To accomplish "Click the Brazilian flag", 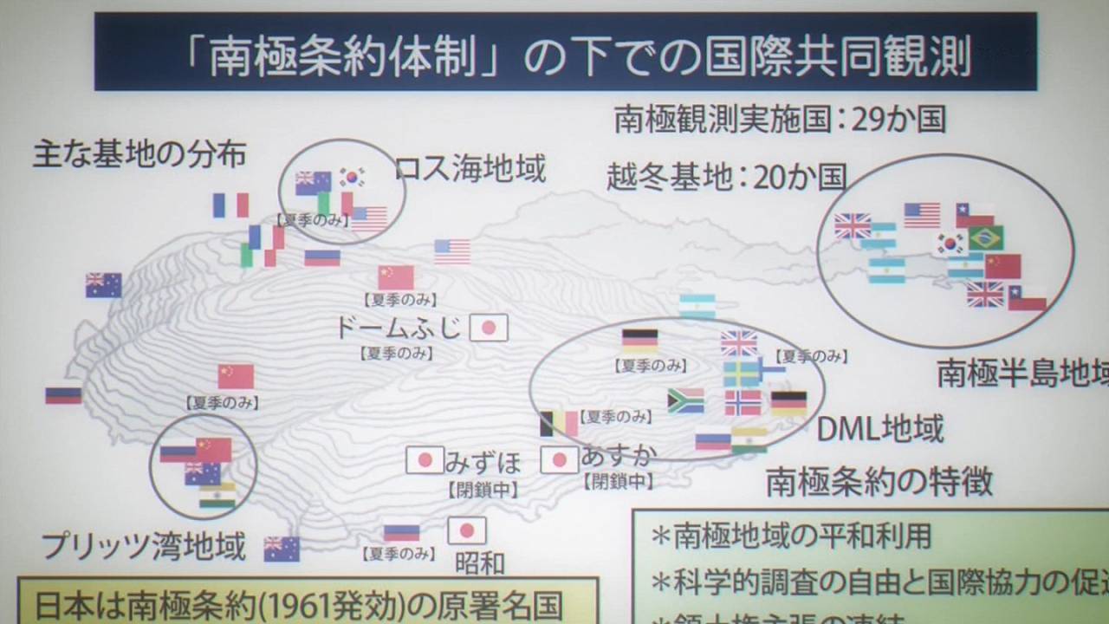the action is pos(986,237).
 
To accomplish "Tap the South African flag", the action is pos(685,400).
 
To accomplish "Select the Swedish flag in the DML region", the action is pos(741,374).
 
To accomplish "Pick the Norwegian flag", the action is pos(743,403).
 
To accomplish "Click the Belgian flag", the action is pos(558,424).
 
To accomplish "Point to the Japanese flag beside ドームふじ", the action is pos(489,328).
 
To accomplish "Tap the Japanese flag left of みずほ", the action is pos(425,459).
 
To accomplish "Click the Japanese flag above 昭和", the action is pos(467,530).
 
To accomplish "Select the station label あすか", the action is pos(619,454).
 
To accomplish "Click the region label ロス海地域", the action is pos(470,169).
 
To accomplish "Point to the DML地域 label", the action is pos(880,428).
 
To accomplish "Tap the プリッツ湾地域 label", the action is pos(144,546).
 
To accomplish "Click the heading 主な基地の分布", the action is pos(139,154).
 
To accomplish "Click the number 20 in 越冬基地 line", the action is pos(770,177).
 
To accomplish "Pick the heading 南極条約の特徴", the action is pos(879,482).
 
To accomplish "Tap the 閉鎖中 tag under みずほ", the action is pos(483,490).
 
